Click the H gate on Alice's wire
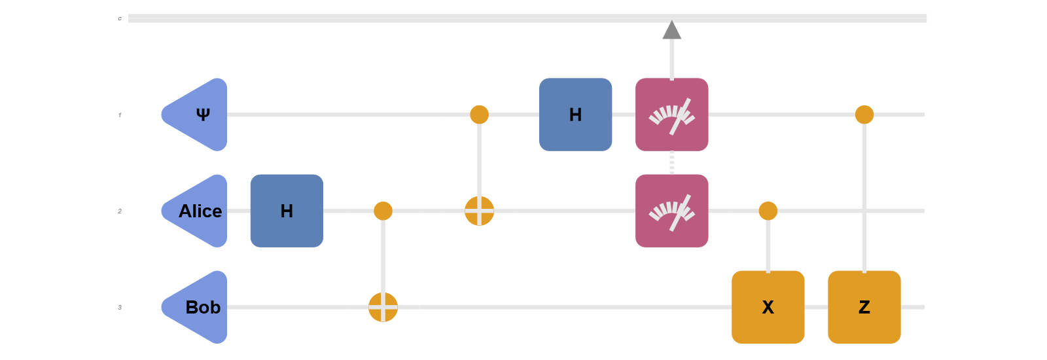[287, 211]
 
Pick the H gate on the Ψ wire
[575, 115]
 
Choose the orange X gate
[768, 307]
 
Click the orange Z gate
[864, 307]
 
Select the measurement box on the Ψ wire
[671, 115]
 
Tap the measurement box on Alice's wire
[671, 211]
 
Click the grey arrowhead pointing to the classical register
[671, 30]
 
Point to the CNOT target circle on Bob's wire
[383, 307]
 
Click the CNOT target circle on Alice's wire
[479, 211]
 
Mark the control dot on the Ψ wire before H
[479, 115]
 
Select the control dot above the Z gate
[864, 115]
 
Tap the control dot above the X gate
[768, 211]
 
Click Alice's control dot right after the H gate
[383, 211]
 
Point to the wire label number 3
[120, 307]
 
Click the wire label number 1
[120, 115]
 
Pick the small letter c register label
[120, 19]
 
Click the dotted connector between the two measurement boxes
[671, 163]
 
